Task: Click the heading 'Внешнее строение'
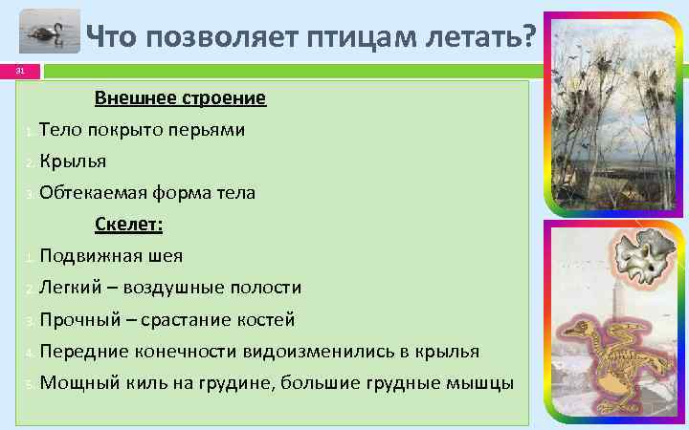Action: [180, 98]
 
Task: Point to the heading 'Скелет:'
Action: [129, 225]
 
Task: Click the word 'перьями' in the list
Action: [209, 130]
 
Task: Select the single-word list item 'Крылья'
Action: [73, 161]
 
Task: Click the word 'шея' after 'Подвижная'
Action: [167, 256]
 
